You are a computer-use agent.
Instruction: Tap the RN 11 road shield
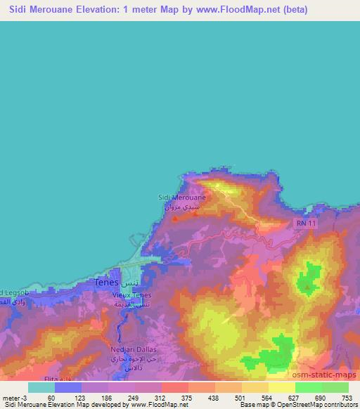pyautogui.click(x=302, y=221)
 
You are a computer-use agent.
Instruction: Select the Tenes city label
pyautogui.click(x=106, y=282)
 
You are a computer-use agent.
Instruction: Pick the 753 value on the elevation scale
pyautogui.click(x=347, y=397)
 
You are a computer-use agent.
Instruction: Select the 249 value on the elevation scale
pyautogui.click(x=134, y=397)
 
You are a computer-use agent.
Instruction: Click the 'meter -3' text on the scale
pyautogui.click(x=13, y=397)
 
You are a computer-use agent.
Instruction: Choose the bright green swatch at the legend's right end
pyautogui.click(x=335, y=387)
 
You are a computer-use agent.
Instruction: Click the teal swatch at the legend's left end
pyautogui.click(x=41, y=387)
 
